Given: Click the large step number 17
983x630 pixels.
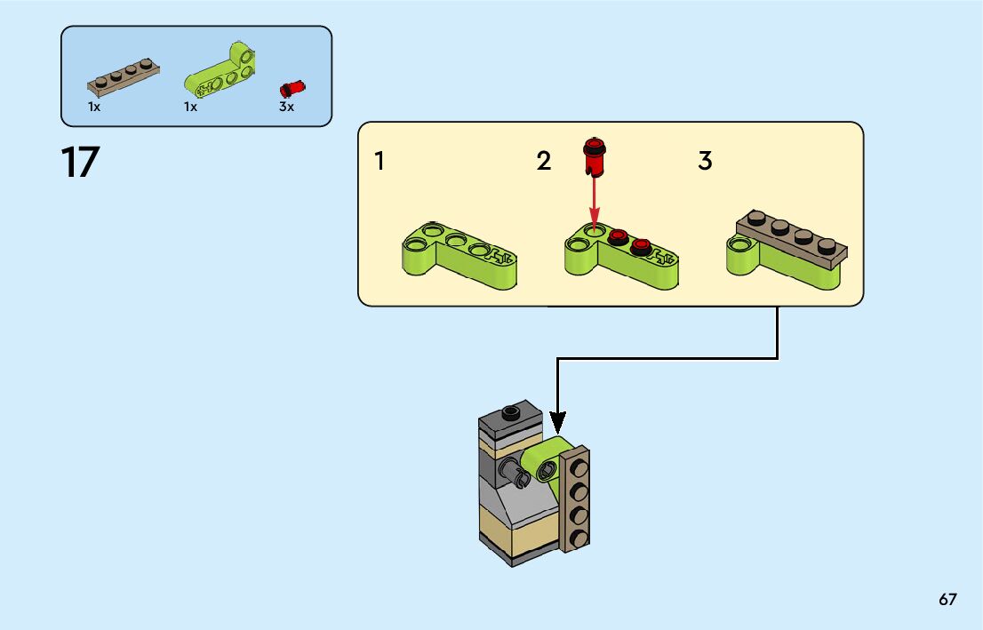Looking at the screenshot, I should [80, 163].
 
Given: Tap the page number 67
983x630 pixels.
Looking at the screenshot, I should [947, 600].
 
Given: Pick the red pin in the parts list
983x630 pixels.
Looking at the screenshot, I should [291, 88].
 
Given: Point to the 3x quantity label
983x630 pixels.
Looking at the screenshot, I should [286, 107].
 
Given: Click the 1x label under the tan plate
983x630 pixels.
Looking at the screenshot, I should [94, 107].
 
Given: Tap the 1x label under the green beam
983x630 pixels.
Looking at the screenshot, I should [190, 107].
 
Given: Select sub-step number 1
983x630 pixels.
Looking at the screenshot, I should [380, 162].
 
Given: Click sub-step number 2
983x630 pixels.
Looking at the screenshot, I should [544, 162].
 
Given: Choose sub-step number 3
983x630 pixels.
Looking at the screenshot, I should [705, 162].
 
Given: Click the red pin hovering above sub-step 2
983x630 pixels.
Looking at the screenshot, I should [593, 156].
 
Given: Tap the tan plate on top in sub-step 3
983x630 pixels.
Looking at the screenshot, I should [789, 235].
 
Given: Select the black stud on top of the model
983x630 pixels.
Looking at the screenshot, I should [510, 411].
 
